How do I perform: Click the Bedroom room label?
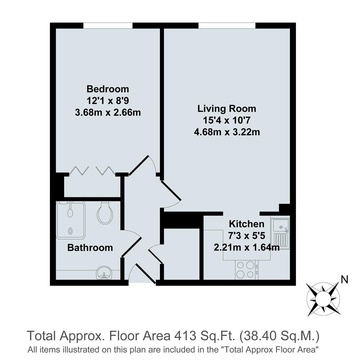107,89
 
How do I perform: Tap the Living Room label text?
227,109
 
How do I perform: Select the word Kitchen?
246,224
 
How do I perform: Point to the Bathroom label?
90,248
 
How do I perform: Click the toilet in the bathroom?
105,214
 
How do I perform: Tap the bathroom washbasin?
104,274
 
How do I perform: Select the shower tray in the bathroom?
71,220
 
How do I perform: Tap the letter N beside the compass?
344,280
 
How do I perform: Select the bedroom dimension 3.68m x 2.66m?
108,112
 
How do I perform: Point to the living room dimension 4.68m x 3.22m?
227,132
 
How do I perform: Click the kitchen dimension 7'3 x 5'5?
246,236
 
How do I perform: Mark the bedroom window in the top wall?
108,26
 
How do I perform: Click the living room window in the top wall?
227,26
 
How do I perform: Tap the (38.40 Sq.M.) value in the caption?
279,336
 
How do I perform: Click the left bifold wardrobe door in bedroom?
79,171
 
